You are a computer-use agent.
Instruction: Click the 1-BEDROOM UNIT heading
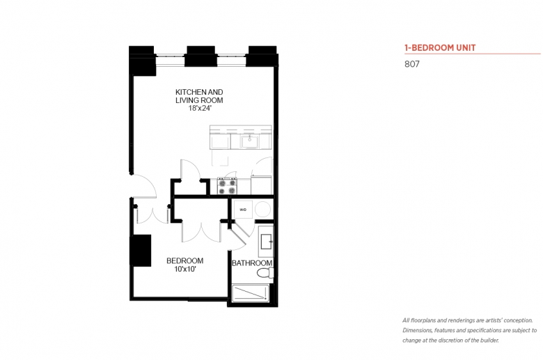click(440, 48)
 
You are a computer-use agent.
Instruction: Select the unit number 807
click(411, 64)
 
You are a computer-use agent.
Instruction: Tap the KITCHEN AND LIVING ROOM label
click(199, 96)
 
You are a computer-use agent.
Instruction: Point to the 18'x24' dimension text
click(200, 108)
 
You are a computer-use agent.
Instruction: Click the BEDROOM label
click(184, 260)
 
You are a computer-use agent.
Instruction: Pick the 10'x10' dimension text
click(185, 269)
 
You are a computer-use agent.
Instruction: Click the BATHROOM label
click(252, 263)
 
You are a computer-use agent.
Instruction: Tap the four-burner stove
click(227, 186)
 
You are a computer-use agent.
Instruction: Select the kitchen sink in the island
click(249, 141)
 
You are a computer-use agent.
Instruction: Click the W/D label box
click(243, 210)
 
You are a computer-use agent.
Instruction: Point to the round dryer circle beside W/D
click(263, 210)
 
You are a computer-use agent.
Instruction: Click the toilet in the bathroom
click(265, 272)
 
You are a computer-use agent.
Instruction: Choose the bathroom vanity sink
click(267, 241)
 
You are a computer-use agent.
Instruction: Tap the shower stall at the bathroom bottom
click(251, 293)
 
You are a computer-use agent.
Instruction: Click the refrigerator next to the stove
click(262, 185)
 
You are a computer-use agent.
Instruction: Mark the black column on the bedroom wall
click(141, 251)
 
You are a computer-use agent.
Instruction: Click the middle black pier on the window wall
click(200, 56)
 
